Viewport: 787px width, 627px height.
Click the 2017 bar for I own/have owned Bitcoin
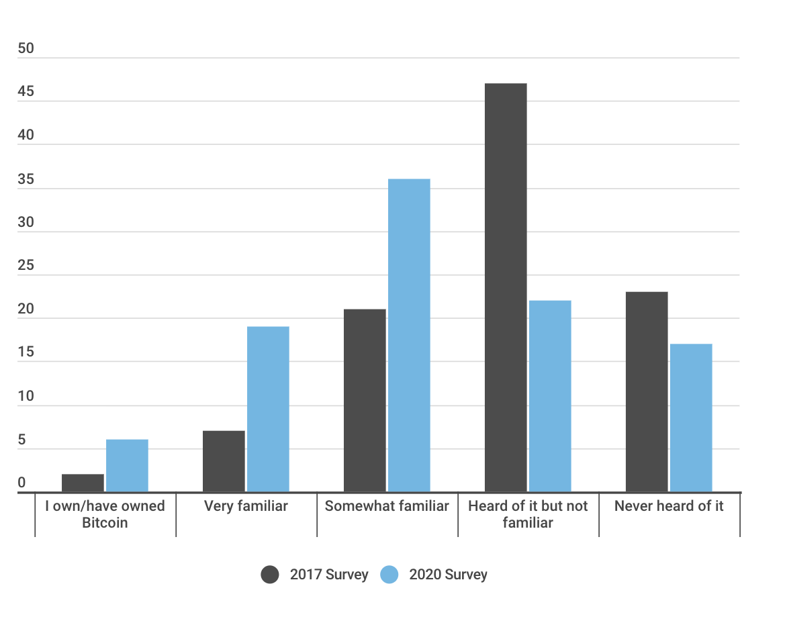tap(83, 483)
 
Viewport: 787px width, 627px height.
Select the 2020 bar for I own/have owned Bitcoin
tap(127, 466)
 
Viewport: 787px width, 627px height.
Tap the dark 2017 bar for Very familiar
tap(224, 461)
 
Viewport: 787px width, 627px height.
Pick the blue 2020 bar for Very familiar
tap(268, 409)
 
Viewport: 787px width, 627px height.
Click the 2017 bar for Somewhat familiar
tap(365, 401)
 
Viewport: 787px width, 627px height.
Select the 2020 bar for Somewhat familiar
tap(409, 336)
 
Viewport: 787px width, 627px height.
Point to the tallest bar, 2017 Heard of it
tap(506, 288)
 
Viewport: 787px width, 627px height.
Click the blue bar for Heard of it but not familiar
tap(550, 396)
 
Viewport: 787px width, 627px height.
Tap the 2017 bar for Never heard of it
tap(647, 392)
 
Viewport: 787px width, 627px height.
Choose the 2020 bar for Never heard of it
tap(691, 418)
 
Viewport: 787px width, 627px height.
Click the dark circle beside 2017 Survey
tap(270, 575)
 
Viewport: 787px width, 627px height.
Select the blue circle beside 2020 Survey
tap(389, 575)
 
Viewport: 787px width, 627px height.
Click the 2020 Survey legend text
tap(448, 575)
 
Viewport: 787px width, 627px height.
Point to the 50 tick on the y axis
tap(26, 49)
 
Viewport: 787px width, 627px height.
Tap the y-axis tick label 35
tap(26, 179)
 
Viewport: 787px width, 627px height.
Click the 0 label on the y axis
tap(21, 483)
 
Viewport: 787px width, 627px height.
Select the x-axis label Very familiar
tap(246, 506)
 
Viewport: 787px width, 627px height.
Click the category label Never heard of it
tap(669, 506)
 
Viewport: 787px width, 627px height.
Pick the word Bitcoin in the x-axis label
tap(105, 523)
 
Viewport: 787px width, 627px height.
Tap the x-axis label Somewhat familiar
tap(387, 506)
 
